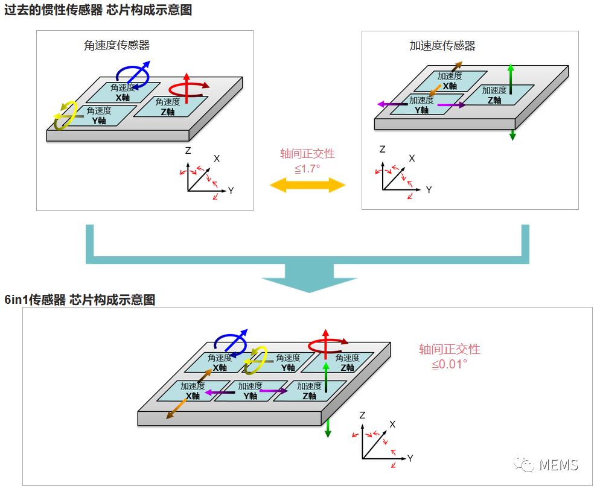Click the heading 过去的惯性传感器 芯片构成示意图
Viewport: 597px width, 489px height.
[x=98, y=10]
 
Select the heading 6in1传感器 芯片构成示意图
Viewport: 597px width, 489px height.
[x=80, y=300]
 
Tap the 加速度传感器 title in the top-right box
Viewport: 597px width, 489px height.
[x=442, y=45]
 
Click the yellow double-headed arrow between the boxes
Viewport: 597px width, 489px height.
[x=307, y=185]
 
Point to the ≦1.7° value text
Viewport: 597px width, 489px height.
[x=307, y=169]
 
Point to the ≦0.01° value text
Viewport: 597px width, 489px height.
[x=449, y=364]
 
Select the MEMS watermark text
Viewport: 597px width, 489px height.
[x=558, y=464]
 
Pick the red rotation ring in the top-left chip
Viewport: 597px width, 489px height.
[x=187, y=89]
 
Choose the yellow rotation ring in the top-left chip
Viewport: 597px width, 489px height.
[x=65, y=115]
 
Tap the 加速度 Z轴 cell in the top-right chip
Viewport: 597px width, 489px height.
[x=496, y=95]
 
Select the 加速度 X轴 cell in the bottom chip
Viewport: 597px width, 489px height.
[x=193, y=391]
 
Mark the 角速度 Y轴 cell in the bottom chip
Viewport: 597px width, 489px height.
[x=286, y=362]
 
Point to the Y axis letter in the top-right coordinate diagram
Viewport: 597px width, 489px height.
[x=429, y=190]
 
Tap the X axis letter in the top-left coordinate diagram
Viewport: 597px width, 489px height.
[x=217, y=158]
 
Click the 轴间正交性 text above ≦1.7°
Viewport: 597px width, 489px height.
[x=307, y=154]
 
